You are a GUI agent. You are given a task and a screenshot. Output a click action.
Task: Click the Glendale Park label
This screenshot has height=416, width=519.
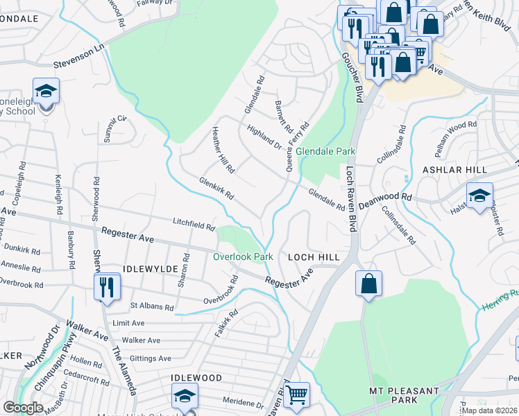tap(325, 151)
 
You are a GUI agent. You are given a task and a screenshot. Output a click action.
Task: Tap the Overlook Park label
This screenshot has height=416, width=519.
tap(243, 257)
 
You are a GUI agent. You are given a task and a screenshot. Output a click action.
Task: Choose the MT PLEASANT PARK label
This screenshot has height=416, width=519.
tap(403, 395)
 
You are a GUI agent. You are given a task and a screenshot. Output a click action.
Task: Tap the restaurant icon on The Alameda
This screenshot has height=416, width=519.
tap(106, 287)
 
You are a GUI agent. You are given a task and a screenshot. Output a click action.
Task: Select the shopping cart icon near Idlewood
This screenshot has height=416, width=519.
tap(296, 395)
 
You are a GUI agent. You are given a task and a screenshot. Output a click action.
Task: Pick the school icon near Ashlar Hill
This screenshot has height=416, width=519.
tap(479, 196)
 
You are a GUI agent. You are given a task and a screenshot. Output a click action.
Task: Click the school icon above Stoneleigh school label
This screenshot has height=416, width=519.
tap(46, 92)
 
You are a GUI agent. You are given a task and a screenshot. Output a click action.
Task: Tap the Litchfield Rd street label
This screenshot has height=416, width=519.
tap(194, 223)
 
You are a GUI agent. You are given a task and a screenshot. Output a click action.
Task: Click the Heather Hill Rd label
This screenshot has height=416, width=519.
tap(223, 150)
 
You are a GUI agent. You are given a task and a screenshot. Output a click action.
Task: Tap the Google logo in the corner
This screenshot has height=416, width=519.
tap(23, 408)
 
